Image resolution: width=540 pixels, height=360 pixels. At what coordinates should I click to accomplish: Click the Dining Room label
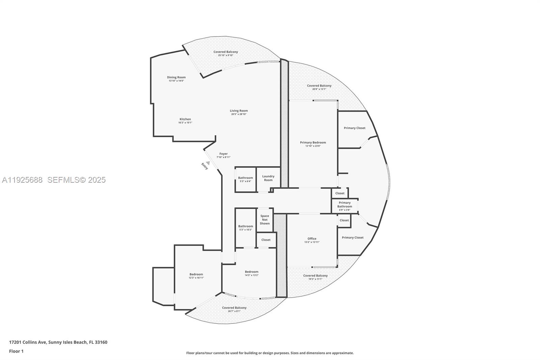click(x=176, y=77)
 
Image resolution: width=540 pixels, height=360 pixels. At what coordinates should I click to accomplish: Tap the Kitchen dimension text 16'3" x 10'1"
click(x=185, y=123)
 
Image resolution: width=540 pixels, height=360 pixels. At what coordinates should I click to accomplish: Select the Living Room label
click(x=239, y=111)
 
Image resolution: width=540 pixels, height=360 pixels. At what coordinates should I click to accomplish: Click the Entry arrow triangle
click(x=208, y=163)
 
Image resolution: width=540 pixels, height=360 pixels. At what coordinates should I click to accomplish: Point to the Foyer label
click(x=223, y=154)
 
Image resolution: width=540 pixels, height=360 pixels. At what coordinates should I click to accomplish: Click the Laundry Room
click(x=268, y=178)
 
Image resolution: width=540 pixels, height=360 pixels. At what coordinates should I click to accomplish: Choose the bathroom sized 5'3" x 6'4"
click(x=245, y=179)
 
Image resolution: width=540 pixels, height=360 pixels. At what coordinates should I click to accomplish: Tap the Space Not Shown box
click(x=265, y=220)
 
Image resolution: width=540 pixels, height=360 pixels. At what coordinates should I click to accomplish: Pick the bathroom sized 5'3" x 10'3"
click(x=245, y=228)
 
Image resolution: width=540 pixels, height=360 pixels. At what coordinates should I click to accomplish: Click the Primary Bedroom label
click(x=313, y=143)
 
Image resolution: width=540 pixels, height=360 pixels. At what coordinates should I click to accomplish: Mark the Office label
click(x=312, y=239)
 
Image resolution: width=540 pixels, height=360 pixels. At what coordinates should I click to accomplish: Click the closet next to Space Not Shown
click(x=266, y=240)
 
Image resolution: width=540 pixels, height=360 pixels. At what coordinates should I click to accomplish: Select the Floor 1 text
click(x=16, y=351)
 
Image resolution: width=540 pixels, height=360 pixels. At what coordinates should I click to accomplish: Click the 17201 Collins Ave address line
click(x=58, y=342)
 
